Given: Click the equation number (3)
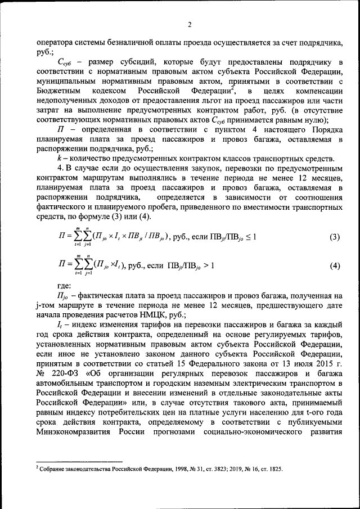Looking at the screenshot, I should point(335,237).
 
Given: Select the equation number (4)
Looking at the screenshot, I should point(335,265).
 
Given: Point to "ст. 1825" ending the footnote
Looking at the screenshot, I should point(271,469).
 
